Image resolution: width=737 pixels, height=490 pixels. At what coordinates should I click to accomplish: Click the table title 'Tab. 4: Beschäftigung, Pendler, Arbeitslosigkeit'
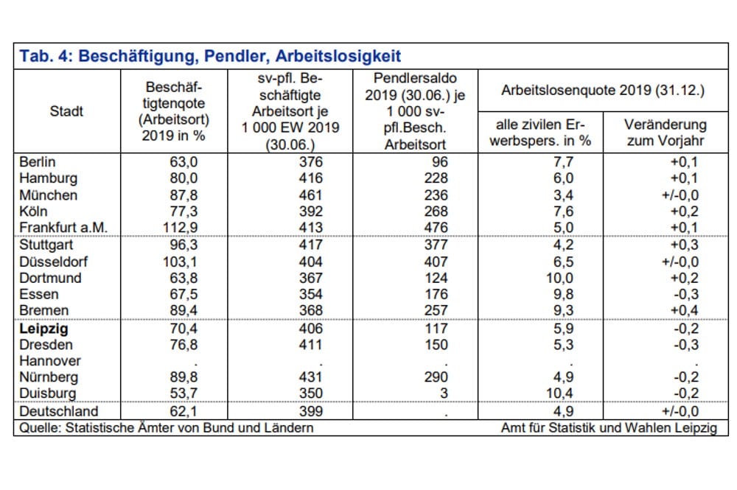coord(210,57)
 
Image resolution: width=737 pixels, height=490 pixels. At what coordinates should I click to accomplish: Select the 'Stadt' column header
coord(66,111)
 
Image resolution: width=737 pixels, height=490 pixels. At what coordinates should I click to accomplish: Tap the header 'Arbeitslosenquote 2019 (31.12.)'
coord(602,91)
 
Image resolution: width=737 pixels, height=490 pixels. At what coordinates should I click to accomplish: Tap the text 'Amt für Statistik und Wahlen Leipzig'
coord(609,427)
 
